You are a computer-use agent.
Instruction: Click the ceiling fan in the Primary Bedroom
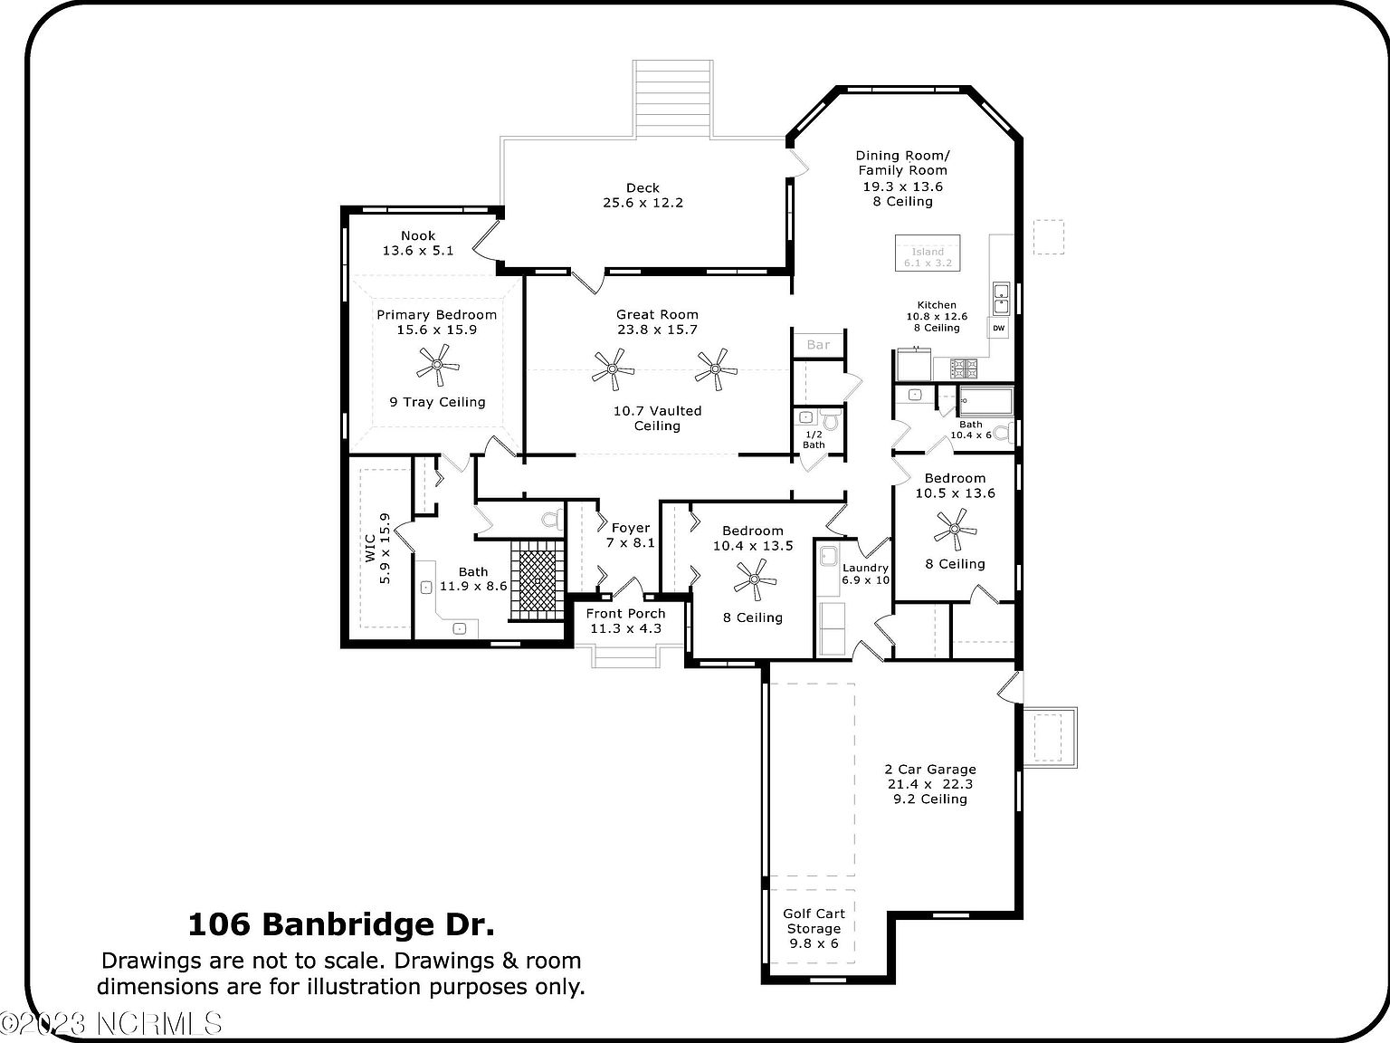coord(438,365)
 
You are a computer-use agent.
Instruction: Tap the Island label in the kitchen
coord(928,253)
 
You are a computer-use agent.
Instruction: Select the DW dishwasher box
coord(999,328)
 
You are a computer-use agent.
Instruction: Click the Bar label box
coord(818,345)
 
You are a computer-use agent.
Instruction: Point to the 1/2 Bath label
coord(814,439)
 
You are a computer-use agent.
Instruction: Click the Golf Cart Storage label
coord(814,922)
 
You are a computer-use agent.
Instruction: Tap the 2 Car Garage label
coord(930,770)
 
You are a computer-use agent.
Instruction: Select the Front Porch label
coord(626,614)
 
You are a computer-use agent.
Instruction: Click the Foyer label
coord(631,528)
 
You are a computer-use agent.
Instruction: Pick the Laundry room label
coord(865,568)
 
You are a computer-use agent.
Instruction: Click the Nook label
coord(418,235)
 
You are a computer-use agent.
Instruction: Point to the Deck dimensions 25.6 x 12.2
coord(643,203)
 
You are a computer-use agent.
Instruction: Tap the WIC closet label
coord(370,549)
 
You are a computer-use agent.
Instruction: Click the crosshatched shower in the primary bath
coord(538,579)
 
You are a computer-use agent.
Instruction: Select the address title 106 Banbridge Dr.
coord(341,924)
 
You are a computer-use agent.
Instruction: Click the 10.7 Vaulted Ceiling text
coord(657,418)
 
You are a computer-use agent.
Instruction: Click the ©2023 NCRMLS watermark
coord(111,1024)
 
